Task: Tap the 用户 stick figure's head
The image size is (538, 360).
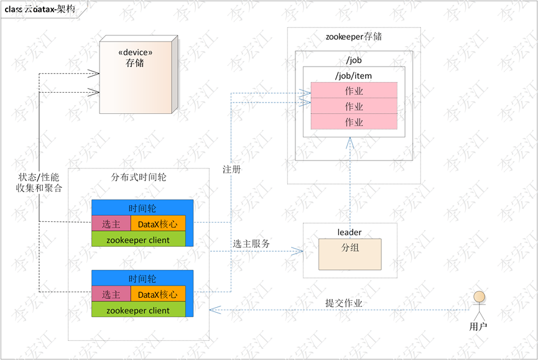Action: tap(478, 297)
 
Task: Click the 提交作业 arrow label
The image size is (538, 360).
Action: tap(343, 303)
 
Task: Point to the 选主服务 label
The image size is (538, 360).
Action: tap(251, 244)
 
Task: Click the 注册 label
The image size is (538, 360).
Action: tap(231, 169)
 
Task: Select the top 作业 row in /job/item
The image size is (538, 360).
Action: tap(353, 91)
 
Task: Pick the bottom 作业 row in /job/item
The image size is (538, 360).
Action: tap(353, 122)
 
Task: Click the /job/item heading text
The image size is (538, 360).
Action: tap(353, 75)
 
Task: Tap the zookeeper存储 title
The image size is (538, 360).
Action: tap(353, 37)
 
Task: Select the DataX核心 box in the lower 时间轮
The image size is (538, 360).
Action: tap(158, 295)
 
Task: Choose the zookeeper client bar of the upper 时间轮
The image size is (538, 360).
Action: tap(138, 239)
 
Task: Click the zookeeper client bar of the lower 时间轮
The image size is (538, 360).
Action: tap(138, 310)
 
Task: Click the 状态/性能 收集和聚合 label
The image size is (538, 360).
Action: tap(39, 183)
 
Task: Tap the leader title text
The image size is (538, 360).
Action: tap(350, 232)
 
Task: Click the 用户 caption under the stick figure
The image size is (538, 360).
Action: tap(478, 326)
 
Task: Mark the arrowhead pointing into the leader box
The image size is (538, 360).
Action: tap(299, 251)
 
